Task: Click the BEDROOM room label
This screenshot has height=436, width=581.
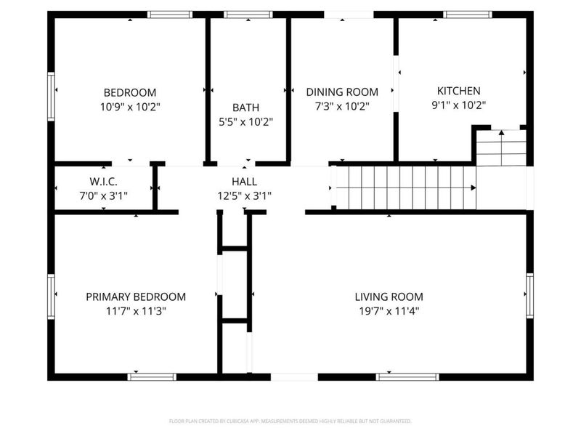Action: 130,92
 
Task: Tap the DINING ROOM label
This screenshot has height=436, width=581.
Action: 342,92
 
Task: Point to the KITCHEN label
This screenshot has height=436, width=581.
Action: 458,91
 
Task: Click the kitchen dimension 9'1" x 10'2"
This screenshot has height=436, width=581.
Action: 458,105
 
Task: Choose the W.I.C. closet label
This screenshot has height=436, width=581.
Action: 104,180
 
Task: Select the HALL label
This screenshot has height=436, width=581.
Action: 244,180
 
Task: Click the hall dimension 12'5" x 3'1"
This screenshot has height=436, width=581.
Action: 244,195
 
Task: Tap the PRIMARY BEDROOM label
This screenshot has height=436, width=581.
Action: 136,296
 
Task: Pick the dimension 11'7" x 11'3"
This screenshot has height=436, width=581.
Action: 136,311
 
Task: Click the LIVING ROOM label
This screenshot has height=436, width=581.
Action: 389,296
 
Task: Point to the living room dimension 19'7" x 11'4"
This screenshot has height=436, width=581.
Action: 389,311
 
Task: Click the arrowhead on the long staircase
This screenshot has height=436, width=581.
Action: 473,187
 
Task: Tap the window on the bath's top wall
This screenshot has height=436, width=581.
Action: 248,14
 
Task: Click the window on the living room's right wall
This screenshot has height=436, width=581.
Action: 529,295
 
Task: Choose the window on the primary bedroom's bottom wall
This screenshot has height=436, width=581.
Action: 152,376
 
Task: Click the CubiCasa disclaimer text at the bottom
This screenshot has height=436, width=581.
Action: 290,421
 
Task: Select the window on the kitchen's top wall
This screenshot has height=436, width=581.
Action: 468,14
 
